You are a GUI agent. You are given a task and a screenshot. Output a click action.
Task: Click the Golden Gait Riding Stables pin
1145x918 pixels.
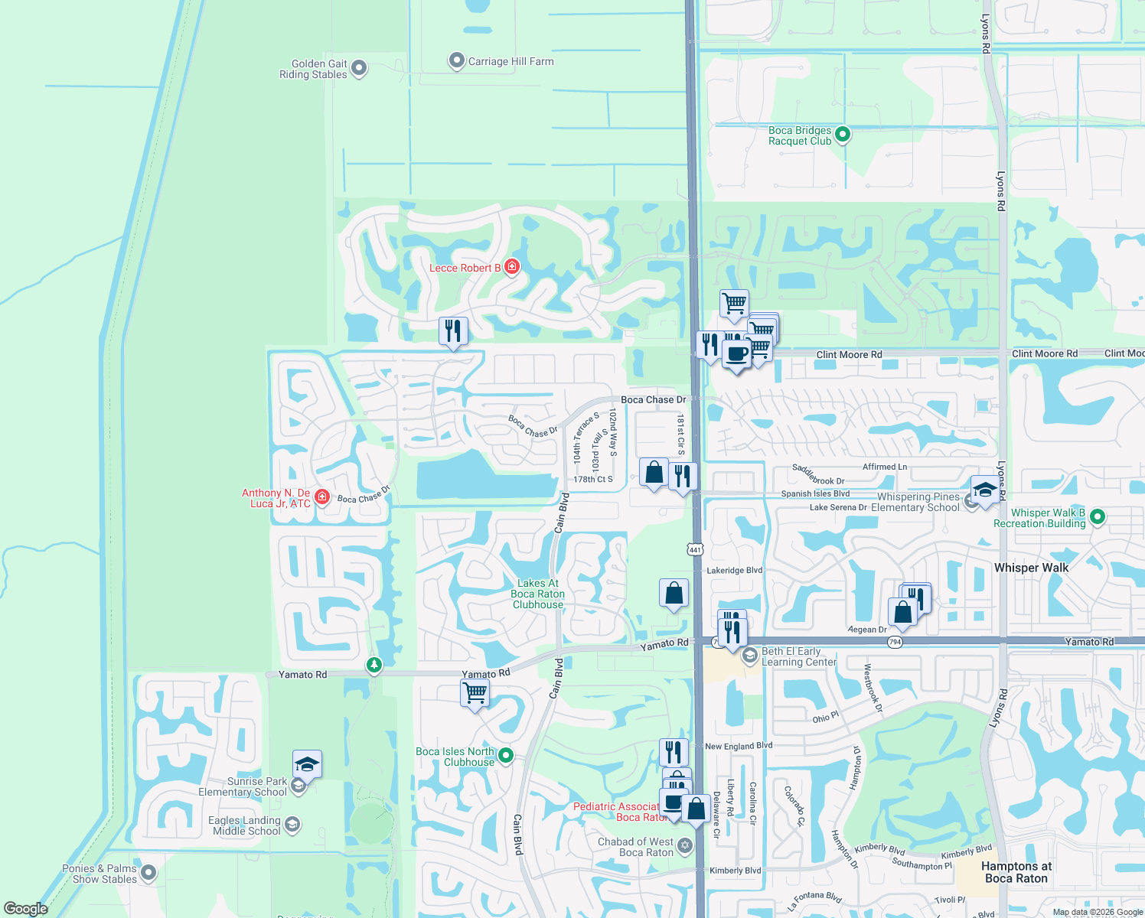coord(358,68)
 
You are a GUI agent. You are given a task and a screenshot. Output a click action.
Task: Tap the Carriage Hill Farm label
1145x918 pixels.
coord(511,61)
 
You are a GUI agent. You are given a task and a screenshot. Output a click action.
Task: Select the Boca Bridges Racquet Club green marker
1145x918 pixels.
coord(843,135)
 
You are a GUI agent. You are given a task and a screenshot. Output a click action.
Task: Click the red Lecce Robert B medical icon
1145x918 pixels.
coord(512,267)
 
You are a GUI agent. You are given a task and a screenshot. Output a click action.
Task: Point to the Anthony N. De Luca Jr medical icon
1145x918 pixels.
coord(322,497)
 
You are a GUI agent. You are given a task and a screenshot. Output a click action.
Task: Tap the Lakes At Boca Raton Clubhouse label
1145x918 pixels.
coord(538,594)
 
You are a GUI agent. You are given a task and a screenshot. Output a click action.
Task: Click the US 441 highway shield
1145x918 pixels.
coord(695,549)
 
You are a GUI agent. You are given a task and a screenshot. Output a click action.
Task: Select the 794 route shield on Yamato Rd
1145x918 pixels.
coord(895,642)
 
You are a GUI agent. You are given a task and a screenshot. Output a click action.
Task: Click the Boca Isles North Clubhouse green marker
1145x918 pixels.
coord(506,756)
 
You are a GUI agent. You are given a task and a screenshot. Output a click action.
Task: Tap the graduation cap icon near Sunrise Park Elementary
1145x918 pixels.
coord(307,764)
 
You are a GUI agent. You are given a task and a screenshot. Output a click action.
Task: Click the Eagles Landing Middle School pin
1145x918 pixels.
coord(292,825)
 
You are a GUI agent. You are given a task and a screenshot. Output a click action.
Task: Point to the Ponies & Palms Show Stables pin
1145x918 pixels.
coord(148,872)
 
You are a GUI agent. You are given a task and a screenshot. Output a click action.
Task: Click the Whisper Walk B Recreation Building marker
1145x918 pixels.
coord(1097,517)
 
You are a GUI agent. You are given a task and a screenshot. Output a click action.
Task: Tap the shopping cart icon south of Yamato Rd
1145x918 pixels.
coord(475,694)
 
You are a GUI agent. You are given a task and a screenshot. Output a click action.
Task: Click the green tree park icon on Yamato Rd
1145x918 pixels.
coord(374,665)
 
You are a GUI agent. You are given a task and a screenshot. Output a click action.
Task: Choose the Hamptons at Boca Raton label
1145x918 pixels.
coord(1016,872)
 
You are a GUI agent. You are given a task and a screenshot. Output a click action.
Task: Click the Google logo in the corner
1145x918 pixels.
coord(26,909)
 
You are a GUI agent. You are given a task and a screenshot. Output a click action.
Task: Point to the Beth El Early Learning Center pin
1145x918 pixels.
coord(750,656)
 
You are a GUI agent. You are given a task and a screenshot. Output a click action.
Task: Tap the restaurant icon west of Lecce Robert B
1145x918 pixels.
coord(453,331)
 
